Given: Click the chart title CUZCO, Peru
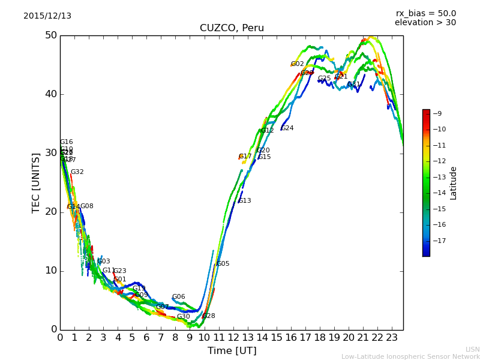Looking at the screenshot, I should click(x=232, y=28).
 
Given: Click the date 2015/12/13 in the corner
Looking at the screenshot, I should click(x=47, y=16).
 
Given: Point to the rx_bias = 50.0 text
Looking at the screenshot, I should click(x=426, y=13).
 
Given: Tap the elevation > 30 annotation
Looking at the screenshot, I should click(x=425, y=23).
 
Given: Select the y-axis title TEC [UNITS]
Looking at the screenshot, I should click(x=36, y=182).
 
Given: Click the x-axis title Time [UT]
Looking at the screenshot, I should click(x=232, y=351).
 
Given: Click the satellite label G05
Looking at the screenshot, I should click(x=223, y=264).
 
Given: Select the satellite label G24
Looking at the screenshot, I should click(x=287, y=128).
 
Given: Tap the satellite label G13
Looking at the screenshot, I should click(x=245, y=201).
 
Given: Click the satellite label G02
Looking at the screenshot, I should click(x=298, y=64).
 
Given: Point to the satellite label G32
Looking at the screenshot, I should click(x=77, y=172).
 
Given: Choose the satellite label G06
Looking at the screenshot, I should click(x=179, y=297).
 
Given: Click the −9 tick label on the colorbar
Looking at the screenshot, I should click(x=437, y=113).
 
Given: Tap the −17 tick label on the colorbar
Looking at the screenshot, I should click(x=439, y=241).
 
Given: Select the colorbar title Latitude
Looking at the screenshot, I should click(x=454, y=183).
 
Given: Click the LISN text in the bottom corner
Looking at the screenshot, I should click(x=472, y=349).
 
